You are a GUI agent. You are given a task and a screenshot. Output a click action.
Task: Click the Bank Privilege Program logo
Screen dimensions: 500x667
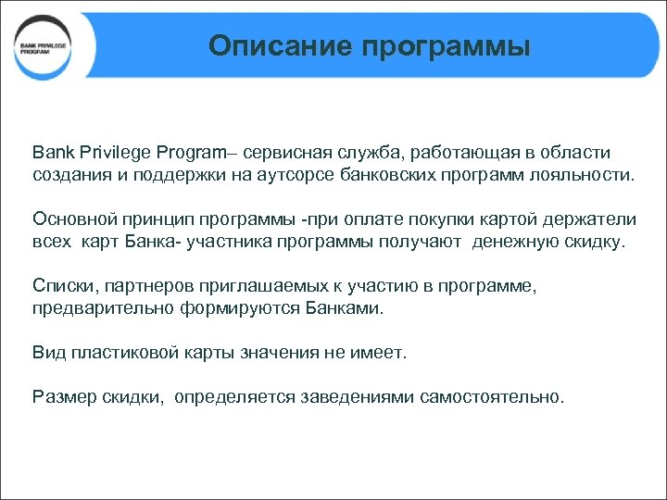click(44, 47)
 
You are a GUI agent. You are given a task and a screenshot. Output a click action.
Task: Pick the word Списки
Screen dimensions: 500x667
click(59, 286)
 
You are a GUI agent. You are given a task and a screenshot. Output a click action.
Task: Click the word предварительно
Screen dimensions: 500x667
click(95, 308)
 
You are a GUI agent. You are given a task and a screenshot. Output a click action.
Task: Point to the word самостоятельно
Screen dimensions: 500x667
click(491, 397)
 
